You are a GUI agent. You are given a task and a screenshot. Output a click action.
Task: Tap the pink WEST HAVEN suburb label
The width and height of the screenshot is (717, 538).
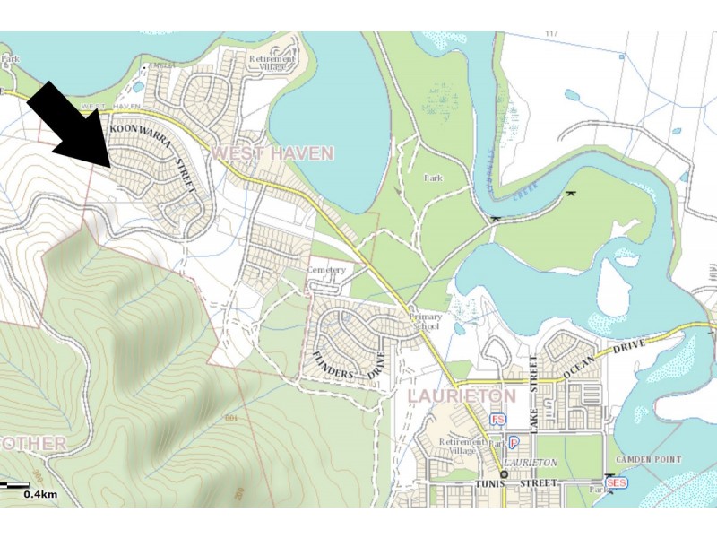(x=272, y=153)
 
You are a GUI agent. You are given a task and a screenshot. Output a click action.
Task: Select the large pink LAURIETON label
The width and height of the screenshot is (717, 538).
(x=462, y=395)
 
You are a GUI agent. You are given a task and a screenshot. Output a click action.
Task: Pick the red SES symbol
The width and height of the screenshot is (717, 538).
(x=616, y=483)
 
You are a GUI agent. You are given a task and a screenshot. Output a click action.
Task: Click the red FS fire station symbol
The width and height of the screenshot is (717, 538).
(x=497, y=420)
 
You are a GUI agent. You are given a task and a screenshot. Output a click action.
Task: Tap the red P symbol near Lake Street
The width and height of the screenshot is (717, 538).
(x=514, y=443)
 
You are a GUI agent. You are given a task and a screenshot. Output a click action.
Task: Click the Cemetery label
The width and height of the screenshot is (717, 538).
(x=325, y=270)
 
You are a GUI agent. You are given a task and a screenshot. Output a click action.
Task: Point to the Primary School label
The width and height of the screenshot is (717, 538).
(x=426, y=323)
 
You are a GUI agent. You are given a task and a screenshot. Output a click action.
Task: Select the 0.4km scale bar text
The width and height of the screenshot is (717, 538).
(x=40, y=494)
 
